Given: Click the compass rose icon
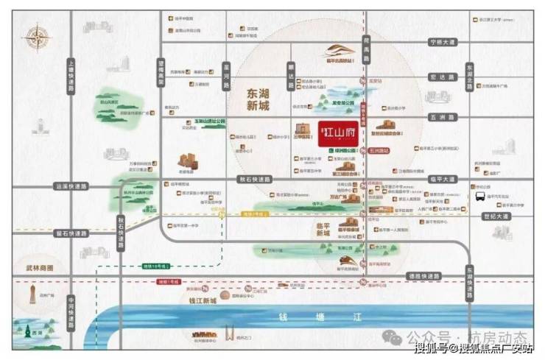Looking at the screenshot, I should pyautogui.click(x=35, y=37).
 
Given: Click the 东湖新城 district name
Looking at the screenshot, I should pyautogui.click(x=252, y=99).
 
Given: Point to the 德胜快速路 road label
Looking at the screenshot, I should pyautogui.click(x=423, y=275).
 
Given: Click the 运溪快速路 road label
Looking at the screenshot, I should pyautogui.click(x=71, y=188).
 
